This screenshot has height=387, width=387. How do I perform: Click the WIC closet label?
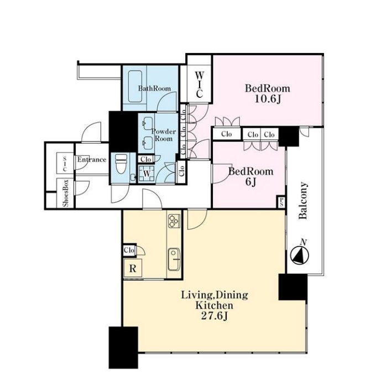(199, 85)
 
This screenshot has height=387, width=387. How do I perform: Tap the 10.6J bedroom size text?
(268, 99)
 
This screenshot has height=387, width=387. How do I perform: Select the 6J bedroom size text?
(251, 182)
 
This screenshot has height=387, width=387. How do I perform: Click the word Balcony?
(304, 200)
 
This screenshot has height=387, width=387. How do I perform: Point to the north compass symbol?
(300, 254)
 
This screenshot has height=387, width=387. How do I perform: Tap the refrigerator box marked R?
(133, 268)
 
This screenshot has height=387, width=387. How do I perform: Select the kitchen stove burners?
(174, 221)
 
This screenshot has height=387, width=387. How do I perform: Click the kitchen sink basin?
(174, 259)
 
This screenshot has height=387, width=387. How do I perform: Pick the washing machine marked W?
(147, 174)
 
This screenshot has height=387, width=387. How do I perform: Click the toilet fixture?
(121, 164)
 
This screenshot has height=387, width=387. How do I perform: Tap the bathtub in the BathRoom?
(135, 86)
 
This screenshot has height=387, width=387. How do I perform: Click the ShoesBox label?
(65, 193)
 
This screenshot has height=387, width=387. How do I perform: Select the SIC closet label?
(65, 164)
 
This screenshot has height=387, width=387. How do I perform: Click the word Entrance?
(92, 159)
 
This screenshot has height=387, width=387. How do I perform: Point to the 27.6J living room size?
(215, 316)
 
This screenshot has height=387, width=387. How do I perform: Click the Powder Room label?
(164, 135)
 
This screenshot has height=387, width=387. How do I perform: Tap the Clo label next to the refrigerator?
(129, 250)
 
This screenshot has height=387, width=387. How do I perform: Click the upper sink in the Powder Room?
(148, 123)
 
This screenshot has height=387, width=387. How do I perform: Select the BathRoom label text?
(154, 88)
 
